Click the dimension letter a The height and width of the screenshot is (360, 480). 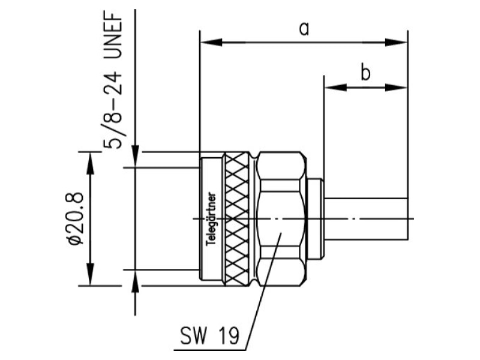[304, 29]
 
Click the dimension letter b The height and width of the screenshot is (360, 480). [365, 73]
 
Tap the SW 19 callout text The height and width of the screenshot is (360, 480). [209, 335]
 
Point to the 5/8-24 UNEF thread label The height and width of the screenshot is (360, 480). [113, 80]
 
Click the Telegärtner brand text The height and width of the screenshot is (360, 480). [211, 219]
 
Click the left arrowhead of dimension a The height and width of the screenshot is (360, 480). [211, 42]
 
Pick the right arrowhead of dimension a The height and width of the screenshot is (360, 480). [397, 42]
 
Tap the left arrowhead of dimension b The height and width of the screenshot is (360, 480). [336, 88]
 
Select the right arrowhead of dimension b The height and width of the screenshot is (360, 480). [397, 88]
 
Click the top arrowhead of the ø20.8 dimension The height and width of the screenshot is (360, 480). [90, 163]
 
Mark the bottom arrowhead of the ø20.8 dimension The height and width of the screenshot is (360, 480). [90, 275]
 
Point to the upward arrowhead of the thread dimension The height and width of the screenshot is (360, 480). [136, 281]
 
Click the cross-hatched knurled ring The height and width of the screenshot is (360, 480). [237, 219]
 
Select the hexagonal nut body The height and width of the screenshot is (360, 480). [281, 219]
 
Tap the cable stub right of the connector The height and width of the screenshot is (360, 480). [366, 218]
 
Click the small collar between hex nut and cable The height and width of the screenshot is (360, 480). [316, 219]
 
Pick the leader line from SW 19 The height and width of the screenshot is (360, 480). [263, 291]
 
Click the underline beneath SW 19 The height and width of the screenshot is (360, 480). [209, 350]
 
